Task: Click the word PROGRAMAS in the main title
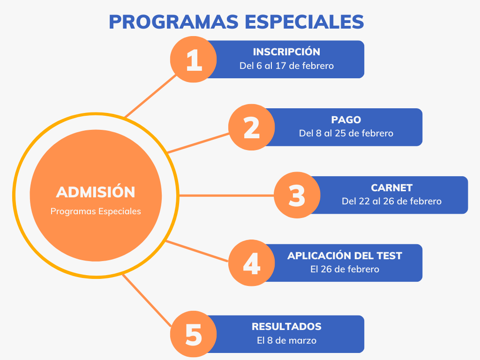[173, 22]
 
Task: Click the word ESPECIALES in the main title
[304, 22]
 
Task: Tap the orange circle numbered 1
[194, 60]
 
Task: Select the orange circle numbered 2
[252, 127]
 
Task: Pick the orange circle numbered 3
[297, 195]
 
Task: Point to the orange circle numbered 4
[252, 262]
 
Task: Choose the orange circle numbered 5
[194, 334]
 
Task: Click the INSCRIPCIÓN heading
[286, 52]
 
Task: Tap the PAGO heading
[346, 120]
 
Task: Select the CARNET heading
[391, 187]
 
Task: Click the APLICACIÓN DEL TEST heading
[345, 255]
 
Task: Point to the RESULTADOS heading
[286, 327]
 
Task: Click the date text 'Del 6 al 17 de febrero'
[286, 66]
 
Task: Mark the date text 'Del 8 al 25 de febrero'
[346, 134]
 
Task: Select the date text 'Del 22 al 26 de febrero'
[391, 202]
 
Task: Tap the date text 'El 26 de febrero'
[345, 270]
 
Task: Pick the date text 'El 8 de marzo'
[286, 340]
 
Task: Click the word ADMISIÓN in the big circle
[96, 192]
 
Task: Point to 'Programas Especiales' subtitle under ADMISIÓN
[96, 211]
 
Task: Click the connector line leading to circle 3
[226, 195]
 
